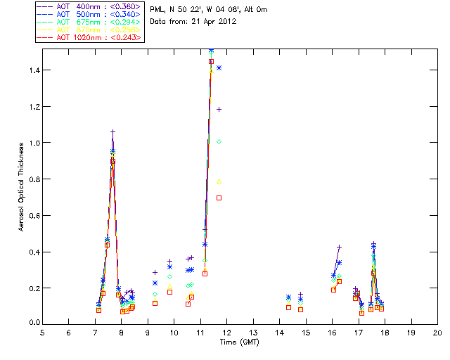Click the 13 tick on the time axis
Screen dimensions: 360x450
click(253, 332)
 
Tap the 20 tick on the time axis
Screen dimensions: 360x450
click(437, 332)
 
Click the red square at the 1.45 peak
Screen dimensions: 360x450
click(211, 62)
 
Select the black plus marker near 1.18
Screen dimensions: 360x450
click(219, 109)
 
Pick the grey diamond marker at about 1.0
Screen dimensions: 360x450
click(219, 142)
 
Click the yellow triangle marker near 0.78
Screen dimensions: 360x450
click(219, 181)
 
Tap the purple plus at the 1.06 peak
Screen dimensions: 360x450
click(112, 131)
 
